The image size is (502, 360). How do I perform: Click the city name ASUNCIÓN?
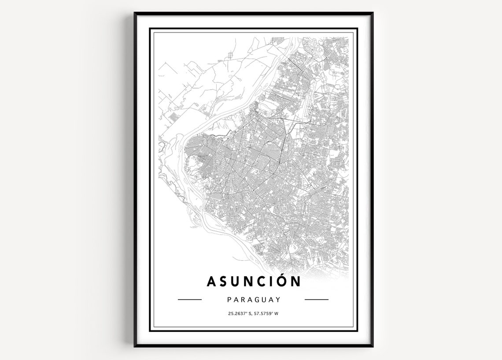coord(254,281)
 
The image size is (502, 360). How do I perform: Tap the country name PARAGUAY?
coord(254,300)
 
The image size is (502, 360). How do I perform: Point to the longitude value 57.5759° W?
coord(266,314)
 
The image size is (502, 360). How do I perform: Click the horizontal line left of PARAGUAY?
coord(189,300)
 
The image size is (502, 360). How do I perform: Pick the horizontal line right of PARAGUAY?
coord(317,300)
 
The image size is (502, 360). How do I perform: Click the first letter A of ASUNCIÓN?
coord(212,281)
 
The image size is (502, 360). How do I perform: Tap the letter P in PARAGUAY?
coord(229,300)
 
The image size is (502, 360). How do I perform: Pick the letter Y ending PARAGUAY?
coord(278,300)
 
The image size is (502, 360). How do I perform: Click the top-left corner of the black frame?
coord(135,13)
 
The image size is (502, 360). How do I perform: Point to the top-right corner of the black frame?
coord(373,13)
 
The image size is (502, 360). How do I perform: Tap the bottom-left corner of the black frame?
coord(135,346)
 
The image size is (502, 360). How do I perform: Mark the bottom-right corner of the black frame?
coord(373,346)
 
